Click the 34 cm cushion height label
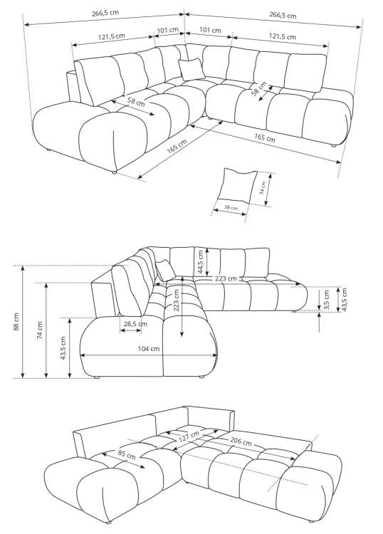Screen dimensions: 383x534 (x=262, y=188)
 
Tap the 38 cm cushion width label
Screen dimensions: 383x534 (x=231, y=207)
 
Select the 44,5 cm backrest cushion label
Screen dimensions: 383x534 (x=200, y=262)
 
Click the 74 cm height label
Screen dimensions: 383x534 (x=40, y=330)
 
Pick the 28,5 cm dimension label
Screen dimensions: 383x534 (x=135, y=324)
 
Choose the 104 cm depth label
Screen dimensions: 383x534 (x=149, y=349)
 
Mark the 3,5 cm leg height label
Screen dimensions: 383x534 (x=327, y=300)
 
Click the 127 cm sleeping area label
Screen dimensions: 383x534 (x=189, y=436)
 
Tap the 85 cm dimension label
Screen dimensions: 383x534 (x=127, y=454)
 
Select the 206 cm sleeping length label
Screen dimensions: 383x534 (x=241, y=441)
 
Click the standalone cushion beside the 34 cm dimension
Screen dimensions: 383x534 (x=237, y=184)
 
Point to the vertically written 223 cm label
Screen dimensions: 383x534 (x=177, y=300)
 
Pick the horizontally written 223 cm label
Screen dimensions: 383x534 (x=226, y=278)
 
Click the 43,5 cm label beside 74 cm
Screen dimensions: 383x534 (x=63, y=348)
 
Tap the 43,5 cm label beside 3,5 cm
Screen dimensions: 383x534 (x=344, y=300)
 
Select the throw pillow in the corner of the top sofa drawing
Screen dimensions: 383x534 (x=191, y=69)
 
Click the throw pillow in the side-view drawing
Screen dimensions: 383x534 (x=165, y=270)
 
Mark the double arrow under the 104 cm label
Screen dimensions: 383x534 (x=149, y=355)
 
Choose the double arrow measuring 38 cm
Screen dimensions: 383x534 (x=229, y=212)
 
